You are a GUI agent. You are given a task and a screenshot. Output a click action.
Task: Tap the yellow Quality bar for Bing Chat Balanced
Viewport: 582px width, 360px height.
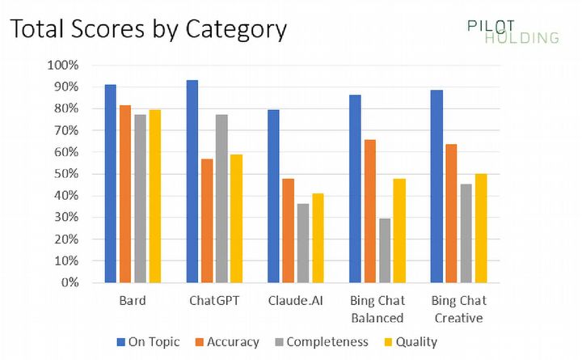click(x=399, y=231)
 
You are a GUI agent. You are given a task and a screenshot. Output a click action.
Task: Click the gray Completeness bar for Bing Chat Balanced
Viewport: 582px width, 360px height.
click(x=384, y=250)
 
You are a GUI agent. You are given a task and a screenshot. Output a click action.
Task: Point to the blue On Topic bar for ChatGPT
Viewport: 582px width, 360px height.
click(x=192, y=181)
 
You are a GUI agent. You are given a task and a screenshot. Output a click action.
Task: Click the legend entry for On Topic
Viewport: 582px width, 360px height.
click(x=149, y=341)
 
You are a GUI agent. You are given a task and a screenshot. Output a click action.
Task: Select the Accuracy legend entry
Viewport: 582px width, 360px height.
click(x=230, y=341)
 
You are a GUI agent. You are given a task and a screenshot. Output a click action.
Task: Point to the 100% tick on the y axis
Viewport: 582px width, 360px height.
click(x=63, y=65)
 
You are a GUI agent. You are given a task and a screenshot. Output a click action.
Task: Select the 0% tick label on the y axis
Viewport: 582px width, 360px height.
click(x=69, y=283)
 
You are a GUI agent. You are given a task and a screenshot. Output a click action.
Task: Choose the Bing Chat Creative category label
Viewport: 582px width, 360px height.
click(x=458, y=310)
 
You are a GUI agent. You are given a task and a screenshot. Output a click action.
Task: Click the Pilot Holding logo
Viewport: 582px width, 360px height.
click(x=512, y=31)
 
